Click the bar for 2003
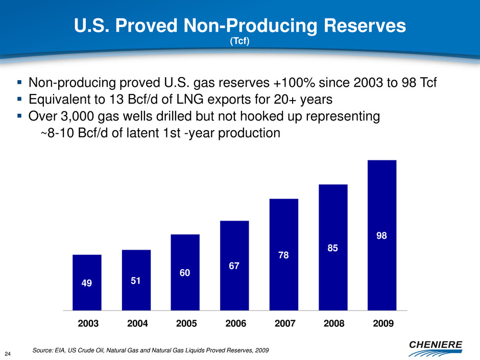pos(87,282)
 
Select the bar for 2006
pos(234,266)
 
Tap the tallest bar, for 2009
pos(382,235)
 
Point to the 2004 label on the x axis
pos(136,323)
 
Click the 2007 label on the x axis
pos(284,323)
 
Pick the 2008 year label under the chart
pos(333,323)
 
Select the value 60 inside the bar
pos(185,273)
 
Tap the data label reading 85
pos(333,248)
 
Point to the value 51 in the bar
pos(136,281)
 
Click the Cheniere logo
pos(436,346)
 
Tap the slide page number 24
pos(9,352)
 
